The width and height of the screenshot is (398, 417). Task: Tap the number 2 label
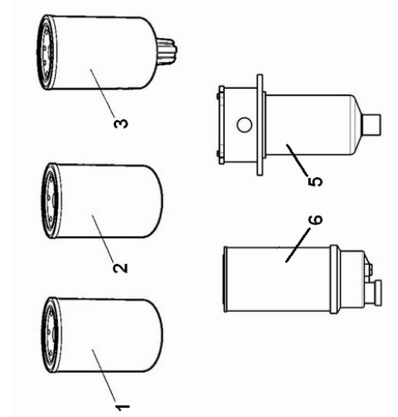click(121, 268)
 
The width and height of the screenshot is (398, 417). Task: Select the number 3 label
click(121, 124)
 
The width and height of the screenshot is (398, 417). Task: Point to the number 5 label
click(315, 182)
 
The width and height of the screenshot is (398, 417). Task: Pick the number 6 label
click(315, 220)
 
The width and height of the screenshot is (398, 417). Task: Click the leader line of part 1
click(104, 375)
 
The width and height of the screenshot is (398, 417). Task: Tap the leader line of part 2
click(103, 238)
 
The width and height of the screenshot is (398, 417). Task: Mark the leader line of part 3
click(102, 93)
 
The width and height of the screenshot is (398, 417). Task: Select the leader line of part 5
click(298, 160)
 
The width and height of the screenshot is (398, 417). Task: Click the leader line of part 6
click(298, 245)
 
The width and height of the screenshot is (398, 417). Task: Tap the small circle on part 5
click(244, 125)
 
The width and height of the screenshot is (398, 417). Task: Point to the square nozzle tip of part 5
click(372, 125)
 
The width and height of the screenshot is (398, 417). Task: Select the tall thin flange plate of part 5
click(260, 125)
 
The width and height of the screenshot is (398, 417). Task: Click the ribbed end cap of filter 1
click(50, 334)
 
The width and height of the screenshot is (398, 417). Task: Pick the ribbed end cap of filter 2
click(50, 200)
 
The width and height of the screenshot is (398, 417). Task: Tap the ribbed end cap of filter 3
click(46, 53)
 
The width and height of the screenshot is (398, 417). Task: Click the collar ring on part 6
click(335, 279)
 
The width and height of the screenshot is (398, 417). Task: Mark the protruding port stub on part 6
click(374, 292)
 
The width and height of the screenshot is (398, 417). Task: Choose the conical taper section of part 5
click(357, 125)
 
